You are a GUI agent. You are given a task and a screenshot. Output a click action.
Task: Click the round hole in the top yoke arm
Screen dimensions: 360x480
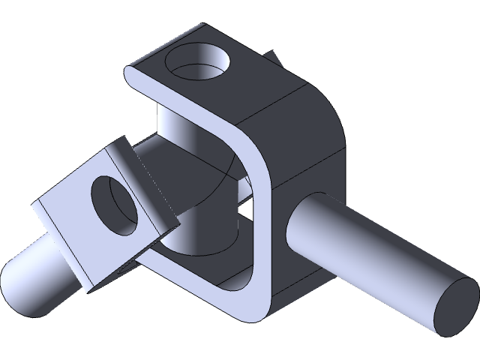pyautogui.click(x=196, y=66)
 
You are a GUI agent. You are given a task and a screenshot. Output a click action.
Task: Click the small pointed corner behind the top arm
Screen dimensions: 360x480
pyautogui.click(x=275, y=57)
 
